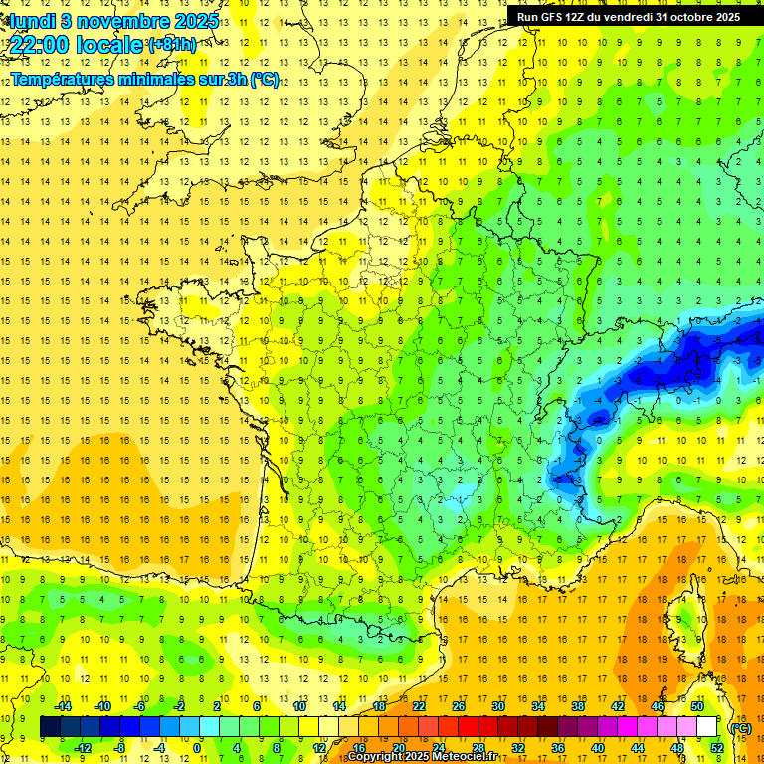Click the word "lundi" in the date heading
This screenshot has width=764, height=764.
31,21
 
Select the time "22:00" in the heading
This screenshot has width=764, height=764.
41,45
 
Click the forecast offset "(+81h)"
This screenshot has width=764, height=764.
172,45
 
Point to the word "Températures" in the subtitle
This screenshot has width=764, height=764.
66,80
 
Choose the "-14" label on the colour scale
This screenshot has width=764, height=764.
64,706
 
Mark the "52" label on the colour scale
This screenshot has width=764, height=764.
716,748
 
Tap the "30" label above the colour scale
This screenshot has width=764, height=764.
497,706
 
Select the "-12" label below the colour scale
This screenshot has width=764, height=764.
84,748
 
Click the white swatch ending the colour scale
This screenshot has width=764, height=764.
707,727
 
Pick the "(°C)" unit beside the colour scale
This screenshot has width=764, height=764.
740,727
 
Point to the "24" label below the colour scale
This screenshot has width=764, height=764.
438,748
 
